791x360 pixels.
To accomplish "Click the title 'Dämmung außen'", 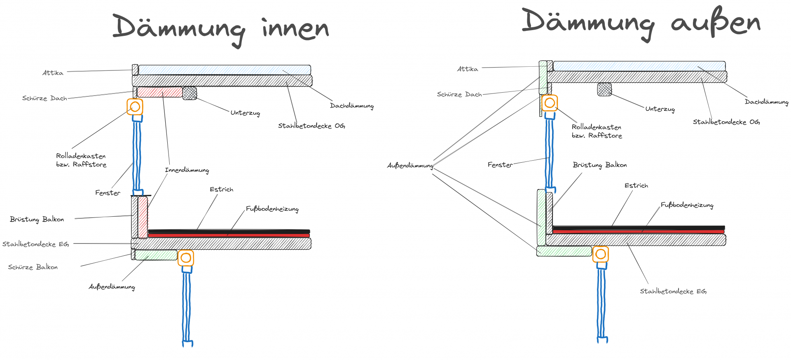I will coord(641,23).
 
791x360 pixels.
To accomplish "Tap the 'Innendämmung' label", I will coord(187,170).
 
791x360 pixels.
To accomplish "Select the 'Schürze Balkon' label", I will coord(33,267).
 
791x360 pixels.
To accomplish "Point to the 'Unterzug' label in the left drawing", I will coord(245,113).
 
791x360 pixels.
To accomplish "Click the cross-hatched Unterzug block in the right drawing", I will coord(604,89).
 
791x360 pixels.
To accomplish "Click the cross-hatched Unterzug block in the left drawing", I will coord(190,93).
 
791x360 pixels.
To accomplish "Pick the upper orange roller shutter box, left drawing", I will coord(135,107).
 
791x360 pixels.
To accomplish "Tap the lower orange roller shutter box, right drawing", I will coord(601,254).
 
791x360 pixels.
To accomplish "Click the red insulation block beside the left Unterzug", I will coord(160,92).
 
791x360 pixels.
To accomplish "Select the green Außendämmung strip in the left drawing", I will coord(156,255).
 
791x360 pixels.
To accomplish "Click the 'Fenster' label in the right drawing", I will coord(500,165).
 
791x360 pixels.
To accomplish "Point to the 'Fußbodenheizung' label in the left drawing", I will coord(272,209).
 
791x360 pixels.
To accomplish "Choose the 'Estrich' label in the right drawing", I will coord(636,186).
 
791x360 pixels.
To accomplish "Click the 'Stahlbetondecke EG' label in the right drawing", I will coord(673,291).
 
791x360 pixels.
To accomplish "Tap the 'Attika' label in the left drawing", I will coord(53,73).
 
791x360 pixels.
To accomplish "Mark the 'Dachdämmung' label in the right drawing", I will coord(766,102).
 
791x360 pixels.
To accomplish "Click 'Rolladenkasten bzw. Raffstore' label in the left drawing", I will coord(81,160).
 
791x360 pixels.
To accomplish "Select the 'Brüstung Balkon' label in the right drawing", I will coord(600,165).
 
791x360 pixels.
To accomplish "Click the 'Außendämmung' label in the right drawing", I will coord(410,166).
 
